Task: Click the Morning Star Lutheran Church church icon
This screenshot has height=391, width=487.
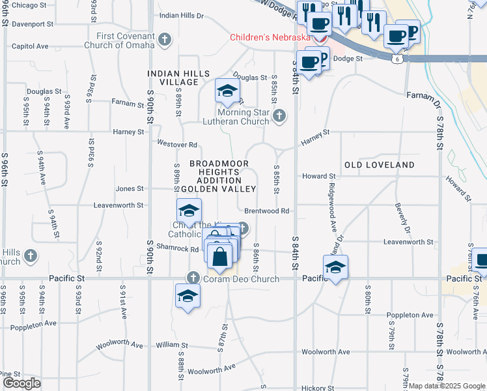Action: coord(279,116)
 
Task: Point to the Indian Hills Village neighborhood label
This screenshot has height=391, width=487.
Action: coord(173,78)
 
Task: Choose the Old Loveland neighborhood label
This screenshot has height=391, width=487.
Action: coord(379,165)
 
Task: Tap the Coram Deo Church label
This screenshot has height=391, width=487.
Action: coord(241,279)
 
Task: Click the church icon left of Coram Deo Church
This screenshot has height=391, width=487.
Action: coord(193,278)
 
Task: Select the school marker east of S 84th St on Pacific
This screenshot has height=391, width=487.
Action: coord(335,267)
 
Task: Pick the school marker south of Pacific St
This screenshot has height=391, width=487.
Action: coord(188,296)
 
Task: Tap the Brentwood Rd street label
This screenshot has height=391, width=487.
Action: coord(267,211)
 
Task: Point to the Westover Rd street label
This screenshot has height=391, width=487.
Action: coord(176,143)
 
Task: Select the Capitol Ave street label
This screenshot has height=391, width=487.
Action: coord(30,46)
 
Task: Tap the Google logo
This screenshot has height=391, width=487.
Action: coord(21,383)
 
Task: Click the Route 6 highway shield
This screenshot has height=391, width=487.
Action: coord(397,59)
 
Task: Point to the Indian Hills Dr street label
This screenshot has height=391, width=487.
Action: coord(182,15)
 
